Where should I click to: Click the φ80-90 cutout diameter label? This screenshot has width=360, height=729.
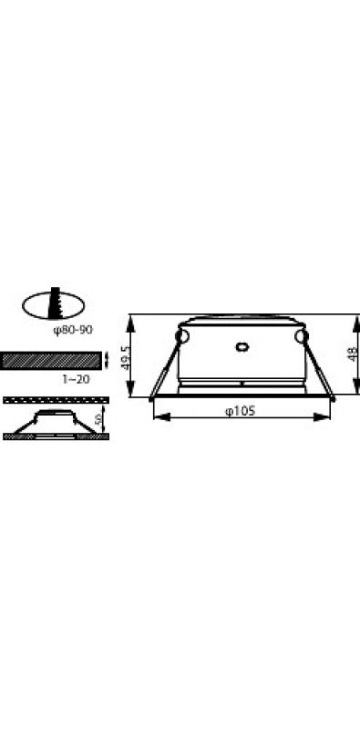click(73, 330)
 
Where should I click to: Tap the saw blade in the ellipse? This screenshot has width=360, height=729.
click(57, 303)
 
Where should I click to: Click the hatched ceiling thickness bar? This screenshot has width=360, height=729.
click(51, 361)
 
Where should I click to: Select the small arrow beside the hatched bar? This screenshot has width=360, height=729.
click(108, 359)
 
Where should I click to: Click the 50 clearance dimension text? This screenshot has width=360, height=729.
click(98, 419)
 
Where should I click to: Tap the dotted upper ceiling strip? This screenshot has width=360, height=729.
click(56, 400)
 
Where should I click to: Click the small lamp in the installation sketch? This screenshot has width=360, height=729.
click(56, 422)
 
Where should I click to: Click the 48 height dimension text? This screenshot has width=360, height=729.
click(354, 354)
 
